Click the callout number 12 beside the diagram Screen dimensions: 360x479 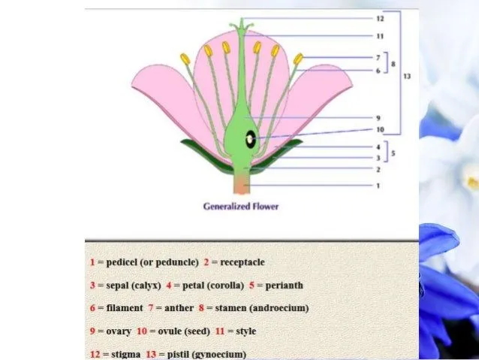[379, 18]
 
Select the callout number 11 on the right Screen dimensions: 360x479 [379, 35]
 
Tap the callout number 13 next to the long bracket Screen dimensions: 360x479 [407, 75]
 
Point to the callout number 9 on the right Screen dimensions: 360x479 [378, 117]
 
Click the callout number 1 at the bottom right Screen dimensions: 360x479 [378, 186]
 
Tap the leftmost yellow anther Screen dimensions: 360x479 [185, 59]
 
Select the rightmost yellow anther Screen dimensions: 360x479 [298, 58]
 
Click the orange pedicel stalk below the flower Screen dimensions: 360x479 [242, 185]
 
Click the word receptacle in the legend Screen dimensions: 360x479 [243, 262]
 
